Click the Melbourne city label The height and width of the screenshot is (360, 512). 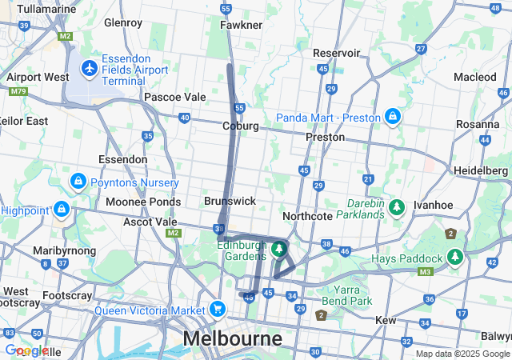tap(232, 338)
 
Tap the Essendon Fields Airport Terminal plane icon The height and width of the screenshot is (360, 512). tap(90, 68)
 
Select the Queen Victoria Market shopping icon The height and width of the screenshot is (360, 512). tap(218, 309)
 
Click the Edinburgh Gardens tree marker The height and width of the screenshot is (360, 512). tap(278, 249)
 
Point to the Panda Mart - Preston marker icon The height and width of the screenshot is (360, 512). tap(392, 118)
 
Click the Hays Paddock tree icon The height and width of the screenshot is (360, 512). tap(455, 258)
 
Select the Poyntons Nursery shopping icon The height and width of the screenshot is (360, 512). tap(78, 182)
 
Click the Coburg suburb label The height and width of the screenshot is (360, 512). tap(240, 126)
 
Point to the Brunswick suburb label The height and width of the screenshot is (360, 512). tap(230, 201)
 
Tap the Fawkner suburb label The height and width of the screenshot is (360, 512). tap(241, 25)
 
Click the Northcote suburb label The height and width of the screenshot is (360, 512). tap(307, 216)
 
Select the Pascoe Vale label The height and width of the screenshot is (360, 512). tap(174, 97)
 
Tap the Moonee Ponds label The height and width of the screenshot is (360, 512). tap(142, 202)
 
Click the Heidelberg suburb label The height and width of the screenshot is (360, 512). tap(481, 172)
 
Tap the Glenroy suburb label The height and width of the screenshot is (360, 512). tap(123, 22)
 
